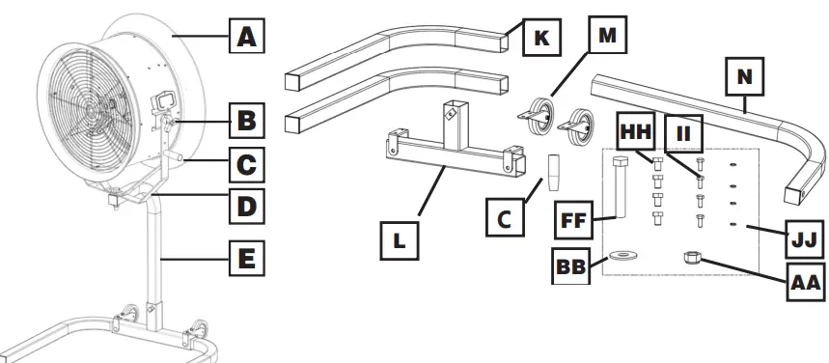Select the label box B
click(x=248, y=123)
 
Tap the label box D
click(x=248, y=205)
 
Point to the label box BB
click(x=571, y=265)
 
